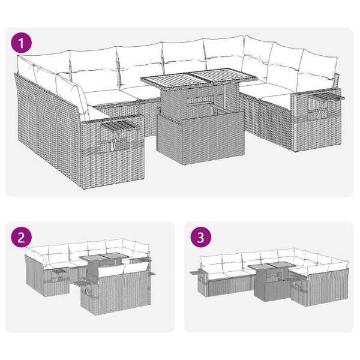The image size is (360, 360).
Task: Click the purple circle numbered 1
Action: [21, 43]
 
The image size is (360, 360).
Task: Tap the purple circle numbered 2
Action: [21, 237]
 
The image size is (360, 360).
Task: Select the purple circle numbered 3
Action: [201, 237]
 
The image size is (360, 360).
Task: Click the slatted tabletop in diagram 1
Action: [199, 77]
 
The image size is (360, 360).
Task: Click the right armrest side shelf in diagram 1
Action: [326, 97]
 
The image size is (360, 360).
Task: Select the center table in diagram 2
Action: [104, 266]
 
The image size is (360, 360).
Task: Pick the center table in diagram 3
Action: [272, 281]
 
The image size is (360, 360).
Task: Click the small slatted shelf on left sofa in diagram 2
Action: [60, 272]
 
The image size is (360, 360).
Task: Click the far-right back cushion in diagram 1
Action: [319, 66]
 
